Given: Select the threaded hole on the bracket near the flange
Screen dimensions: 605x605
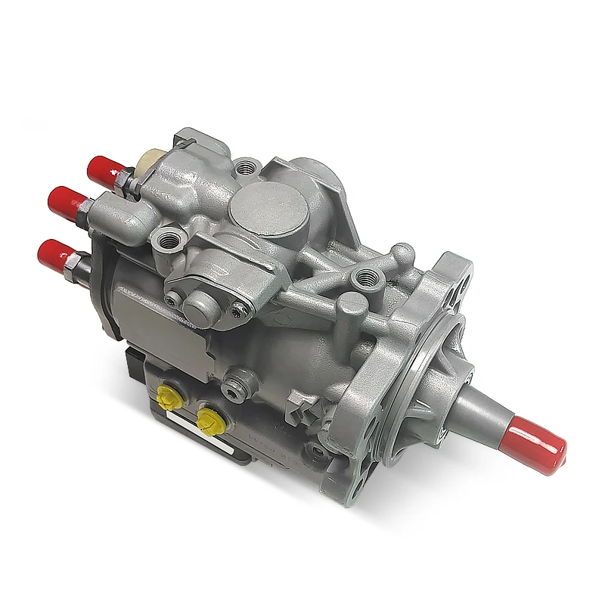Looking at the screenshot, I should pyautogui.click(x=368, y=275).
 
